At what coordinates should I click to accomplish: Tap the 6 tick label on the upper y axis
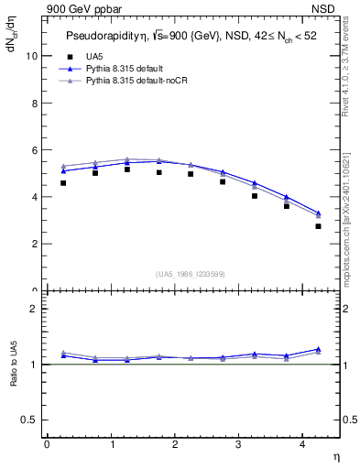click(36, 149)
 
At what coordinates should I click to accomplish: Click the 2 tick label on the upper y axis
click(36, 244)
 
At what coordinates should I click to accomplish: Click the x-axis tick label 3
click(239, 444)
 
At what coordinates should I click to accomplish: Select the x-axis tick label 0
click(47, 444)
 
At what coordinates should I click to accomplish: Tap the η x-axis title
click(334, 455)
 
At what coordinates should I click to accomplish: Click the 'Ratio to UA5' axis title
click(15, 377)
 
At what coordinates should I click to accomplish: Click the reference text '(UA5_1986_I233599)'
click(190, 275)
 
